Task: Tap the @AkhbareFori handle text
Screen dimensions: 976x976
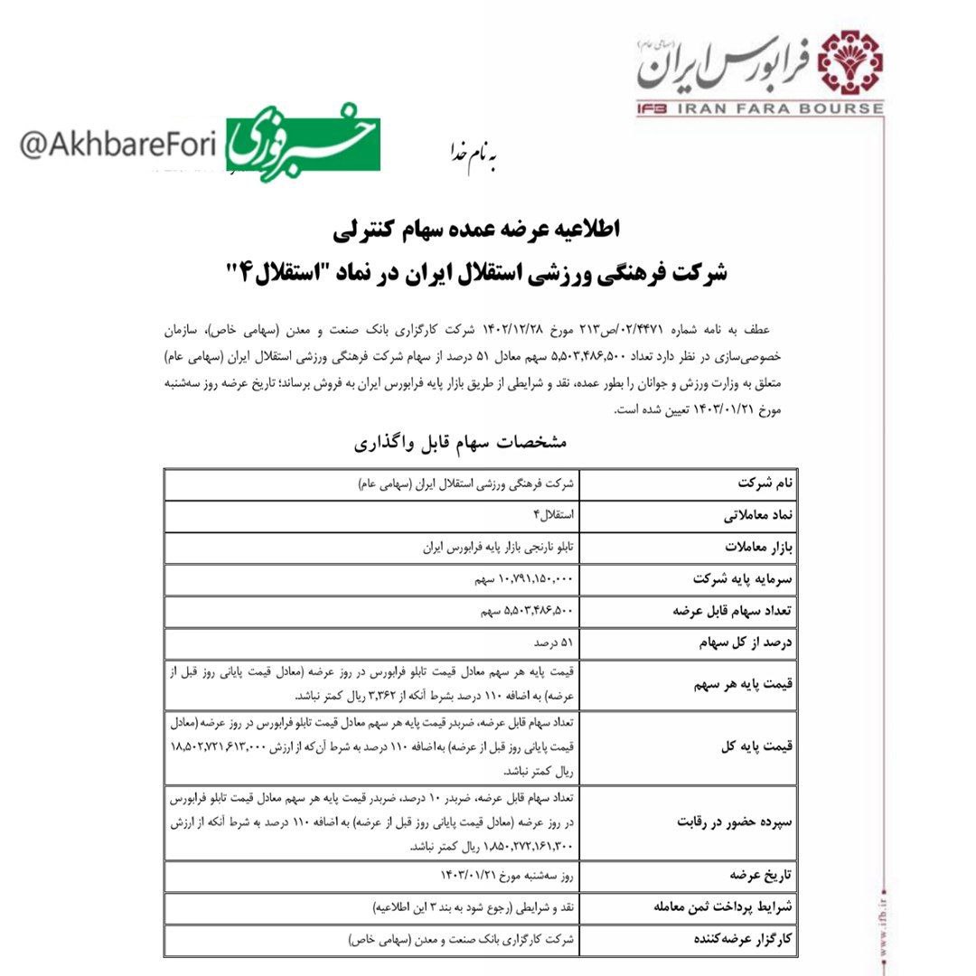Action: click(x=117, y=147)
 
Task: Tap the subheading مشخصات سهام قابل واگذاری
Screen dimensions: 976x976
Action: click(x=459, y=443)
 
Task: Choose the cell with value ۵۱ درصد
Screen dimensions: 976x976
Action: click(x=553, y=643)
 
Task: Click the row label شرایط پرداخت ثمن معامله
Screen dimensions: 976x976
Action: click(x=718, y=907)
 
